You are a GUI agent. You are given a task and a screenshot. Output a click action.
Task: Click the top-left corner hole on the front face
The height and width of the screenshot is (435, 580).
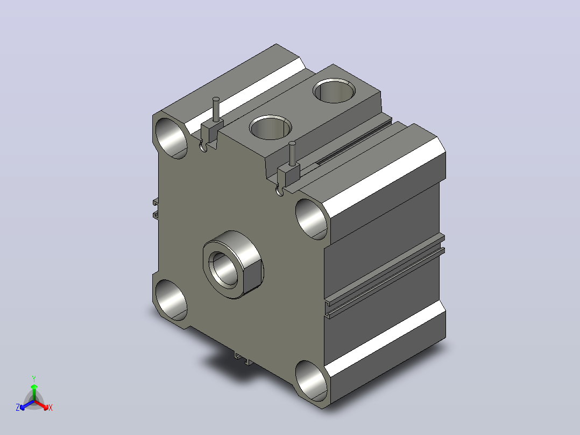pyautogui.click(x=171, y=138)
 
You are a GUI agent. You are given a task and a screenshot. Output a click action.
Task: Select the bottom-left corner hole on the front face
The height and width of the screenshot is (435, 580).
pyautogui.click(x=171, y=300)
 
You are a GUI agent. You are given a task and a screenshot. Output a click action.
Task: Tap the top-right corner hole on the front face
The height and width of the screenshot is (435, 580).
pyautogui.click(x=312, y=219)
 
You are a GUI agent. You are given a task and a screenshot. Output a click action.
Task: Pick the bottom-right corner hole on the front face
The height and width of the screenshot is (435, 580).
pyautogui.click(x=312, y=381)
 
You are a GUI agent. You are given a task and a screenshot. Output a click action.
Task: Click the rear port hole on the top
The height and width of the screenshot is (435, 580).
pyautogui.click(x=334, y=90)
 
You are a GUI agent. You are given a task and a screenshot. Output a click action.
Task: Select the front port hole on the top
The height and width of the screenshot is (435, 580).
pyautogui.click(x=271, y=128)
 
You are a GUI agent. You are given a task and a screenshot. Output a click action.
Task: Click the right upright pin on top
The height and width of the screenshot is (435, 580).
pyautogui.click(x=292, y=153)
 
